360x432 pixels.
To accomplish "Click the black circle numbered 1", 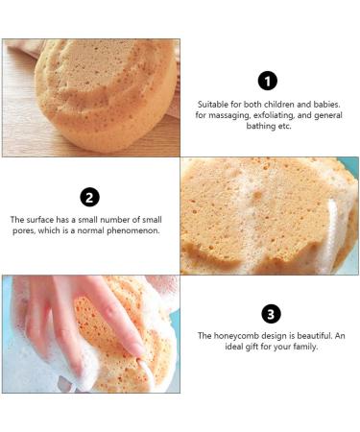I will (269, 81).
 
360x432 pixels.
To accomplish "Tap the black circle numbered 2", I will (89, 197).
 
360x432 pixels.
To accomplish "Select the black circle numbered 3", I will (270, 314).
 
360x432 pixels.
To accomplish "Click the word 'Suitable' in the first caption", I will (213, 104).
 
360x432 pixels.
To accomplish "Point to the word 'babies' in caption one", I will (324, 104).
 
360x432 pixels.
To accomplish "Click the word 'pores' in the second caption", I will (30, 231).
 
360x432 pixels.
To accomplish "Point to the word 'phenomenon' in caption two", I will (134, 231).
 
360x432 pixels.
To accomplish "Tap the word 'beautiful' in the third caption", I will (302, 336).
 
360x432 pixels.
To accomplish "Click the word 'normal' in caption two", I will (95, 231).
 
